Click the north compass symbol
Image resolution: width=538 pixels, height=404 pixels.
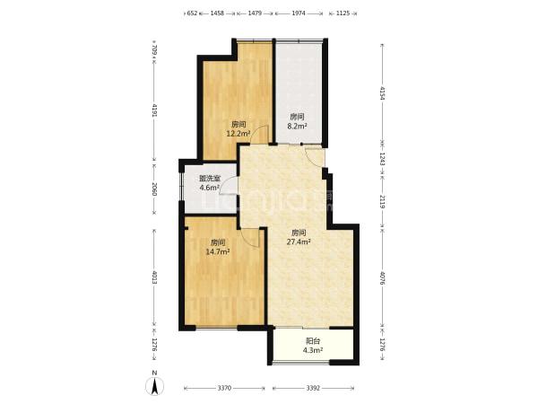point(155,386)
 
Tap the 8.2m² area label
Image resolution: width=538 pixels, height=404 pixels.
point(297,126)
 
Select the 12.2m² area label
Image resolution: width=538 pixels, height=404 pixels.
point(239,133)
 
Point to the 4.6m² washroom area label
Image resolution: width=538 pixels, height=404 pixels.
point(210,188)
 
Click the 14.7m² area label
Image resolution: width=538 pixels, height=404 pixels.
point(218,251)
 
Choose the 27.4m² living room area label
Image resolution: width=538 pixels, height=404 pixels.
point(299,242)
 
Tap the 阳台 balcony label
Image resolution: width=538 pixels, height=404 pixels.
point(313,341)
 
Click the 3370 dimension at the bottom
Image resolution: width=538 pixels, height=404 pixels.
point(224,388)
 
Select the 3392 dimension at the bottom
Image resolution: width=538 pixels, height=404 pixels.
point(313,388)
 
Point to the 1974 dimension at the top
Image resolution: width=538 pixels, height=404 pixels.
point(299,13)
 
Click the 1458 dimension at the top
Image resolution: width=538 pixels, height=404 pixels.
point(217,13)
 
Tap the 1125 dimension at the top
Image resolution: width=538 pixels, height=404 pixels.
point(343,13)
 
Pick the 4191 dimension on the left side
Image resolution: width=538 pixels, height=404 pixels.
point(155,110)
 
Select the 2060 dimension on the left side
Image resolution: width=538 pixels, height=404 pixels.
point(155,189)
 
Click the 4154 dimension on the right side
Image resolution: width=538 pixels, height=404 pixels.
point(383,93)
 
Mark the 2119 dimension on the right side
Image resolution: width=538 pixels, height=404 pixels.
point(383,201)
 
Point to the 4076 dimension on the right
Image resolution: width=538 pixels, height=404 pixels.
point(383,279)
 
